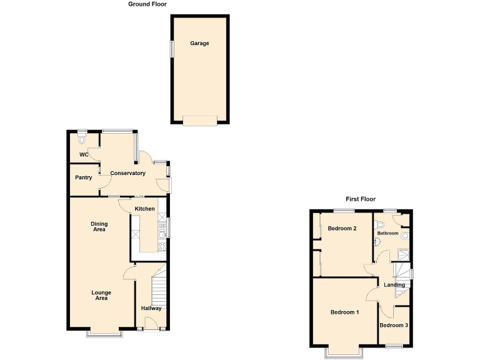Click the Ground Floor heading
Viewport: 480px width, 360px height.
tap(147, 4)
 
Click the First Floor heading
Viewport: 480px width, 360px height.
tap(361, 199)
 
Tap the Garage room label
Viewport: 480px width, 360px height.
tap(200, 44)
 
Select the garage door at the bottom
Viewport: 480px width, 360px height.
tap(199, 120)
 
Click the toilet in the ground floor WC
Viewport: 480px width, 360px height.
tap(82, 136)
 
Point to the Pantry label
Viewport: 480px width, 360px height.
tap(84, 178)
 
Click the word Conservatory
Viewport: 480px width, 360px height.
tap(127, 173)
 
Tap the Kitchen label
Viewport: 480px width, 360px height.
tap(145, 209)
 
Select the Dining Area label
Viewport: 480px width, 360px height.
tap(98, 227)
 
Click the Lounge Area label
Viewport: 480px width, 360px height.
tap(101, 295)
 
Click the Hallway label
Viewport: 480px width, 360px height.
tap(151, 308)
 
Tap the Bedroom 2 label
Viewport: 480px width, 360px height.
tap(342, 229)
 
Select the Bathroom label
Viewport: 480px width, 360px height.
tap(387, 234)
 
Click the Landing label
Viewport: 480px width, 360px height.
tap(394, 285)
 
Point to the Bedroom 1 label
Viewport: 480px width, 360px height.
tap(344, 312)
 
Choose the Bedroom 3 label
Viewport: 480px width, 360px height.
tap(394, 326)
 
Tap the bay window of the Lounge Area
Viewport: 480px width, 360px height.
tap(104, 334)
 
